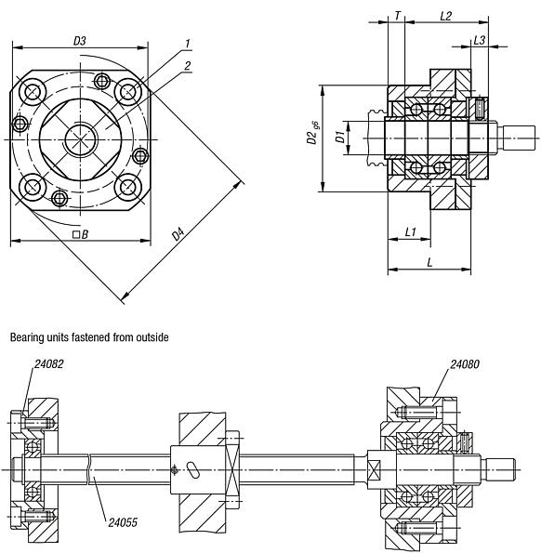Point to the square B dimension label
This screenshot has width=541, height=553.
(80, 234)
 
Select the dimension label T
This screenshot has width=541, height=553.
(398, 16)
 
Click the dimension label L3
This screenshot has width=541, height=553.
(479, 39)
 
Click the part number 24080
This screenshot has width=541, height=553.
(466, 365)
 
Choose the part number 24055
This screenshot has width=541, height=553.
(123, 522)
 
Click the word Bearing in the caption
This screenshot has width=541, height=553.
(27, 337)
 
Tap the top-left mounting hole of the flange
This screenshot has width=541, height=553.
(34, 91)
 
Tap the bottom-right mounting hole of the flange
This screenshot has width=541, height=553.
(126, 187)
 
